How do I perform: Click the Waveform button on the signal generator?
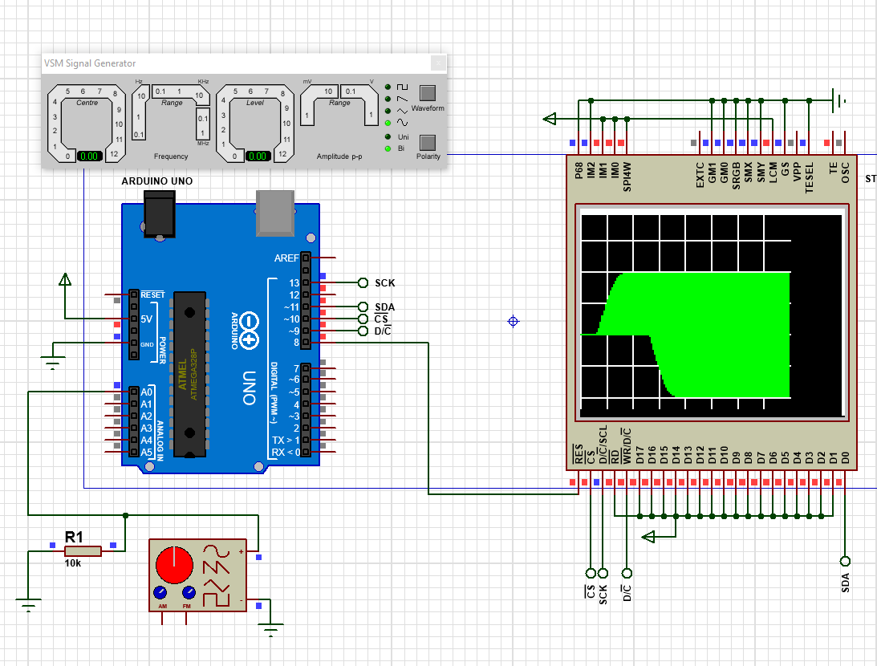[x=428, y=92]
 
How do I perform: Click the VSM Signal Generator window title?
[x=90, y=63]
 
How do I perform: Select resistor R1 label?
[x=74, y=537]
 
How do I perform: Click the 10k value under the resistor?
[x=73, y=563]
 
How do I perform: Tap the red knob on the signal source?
[x=173, y=564]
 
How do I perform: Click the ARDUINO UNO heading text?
[x=157, y=181]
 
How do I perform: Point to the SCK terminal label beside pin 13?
[x=385, y=283]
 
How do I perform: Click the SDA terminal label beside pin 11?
[x=385, y=307]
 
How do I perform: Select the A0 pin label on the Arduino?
[x=146, y=392]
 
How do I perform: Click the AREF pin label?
[x=286, y=258]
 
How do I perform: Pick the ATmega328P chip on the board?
[x=189, y=375]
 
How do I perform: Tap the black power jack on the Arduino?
[x=159, y=215]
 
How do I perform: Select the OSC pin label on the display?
[x=845, y=174]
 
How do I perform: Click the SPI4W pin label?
[x=627, y=175]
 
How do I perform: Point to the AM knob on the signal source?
[x=161, y=593]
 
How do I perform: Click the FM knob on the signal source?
[x=189, y=593]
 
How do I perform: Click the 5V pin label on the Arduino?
[x=146, y=319]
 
